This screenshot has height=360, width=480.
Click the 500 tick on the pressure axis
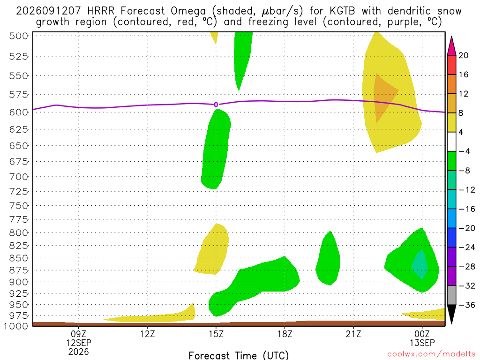point(19,36)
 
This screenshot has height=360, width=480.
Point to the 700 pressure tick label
point(19,177)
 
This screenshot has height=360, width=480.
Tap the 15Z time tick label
point(216,334)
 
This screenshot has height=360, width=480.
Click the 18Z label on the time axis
point(285,334)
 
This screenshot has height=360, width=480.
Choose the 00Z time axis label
point(422,334)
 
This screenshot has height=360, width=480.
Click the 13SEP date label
point(422,343)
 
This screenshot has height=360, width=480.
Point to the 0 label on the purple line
point(216,105)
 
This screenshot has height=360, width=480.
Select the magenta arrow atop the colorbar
point(451,45)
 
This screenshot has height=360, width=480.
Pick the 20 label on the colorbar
point(464,55)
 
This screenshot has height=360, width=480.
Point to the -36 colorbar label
point(467,305)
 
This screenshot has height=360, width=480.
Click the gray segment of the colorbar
point(451,295)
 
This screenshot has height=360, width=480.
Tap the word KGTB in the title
point(342,11)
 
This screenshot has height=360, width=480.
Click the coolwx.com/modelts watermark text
point(431,354)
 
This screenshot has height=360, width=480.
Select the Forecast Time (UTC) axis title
point(239,355)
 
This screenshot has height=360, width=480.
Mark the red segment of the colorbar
point(451,65)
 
